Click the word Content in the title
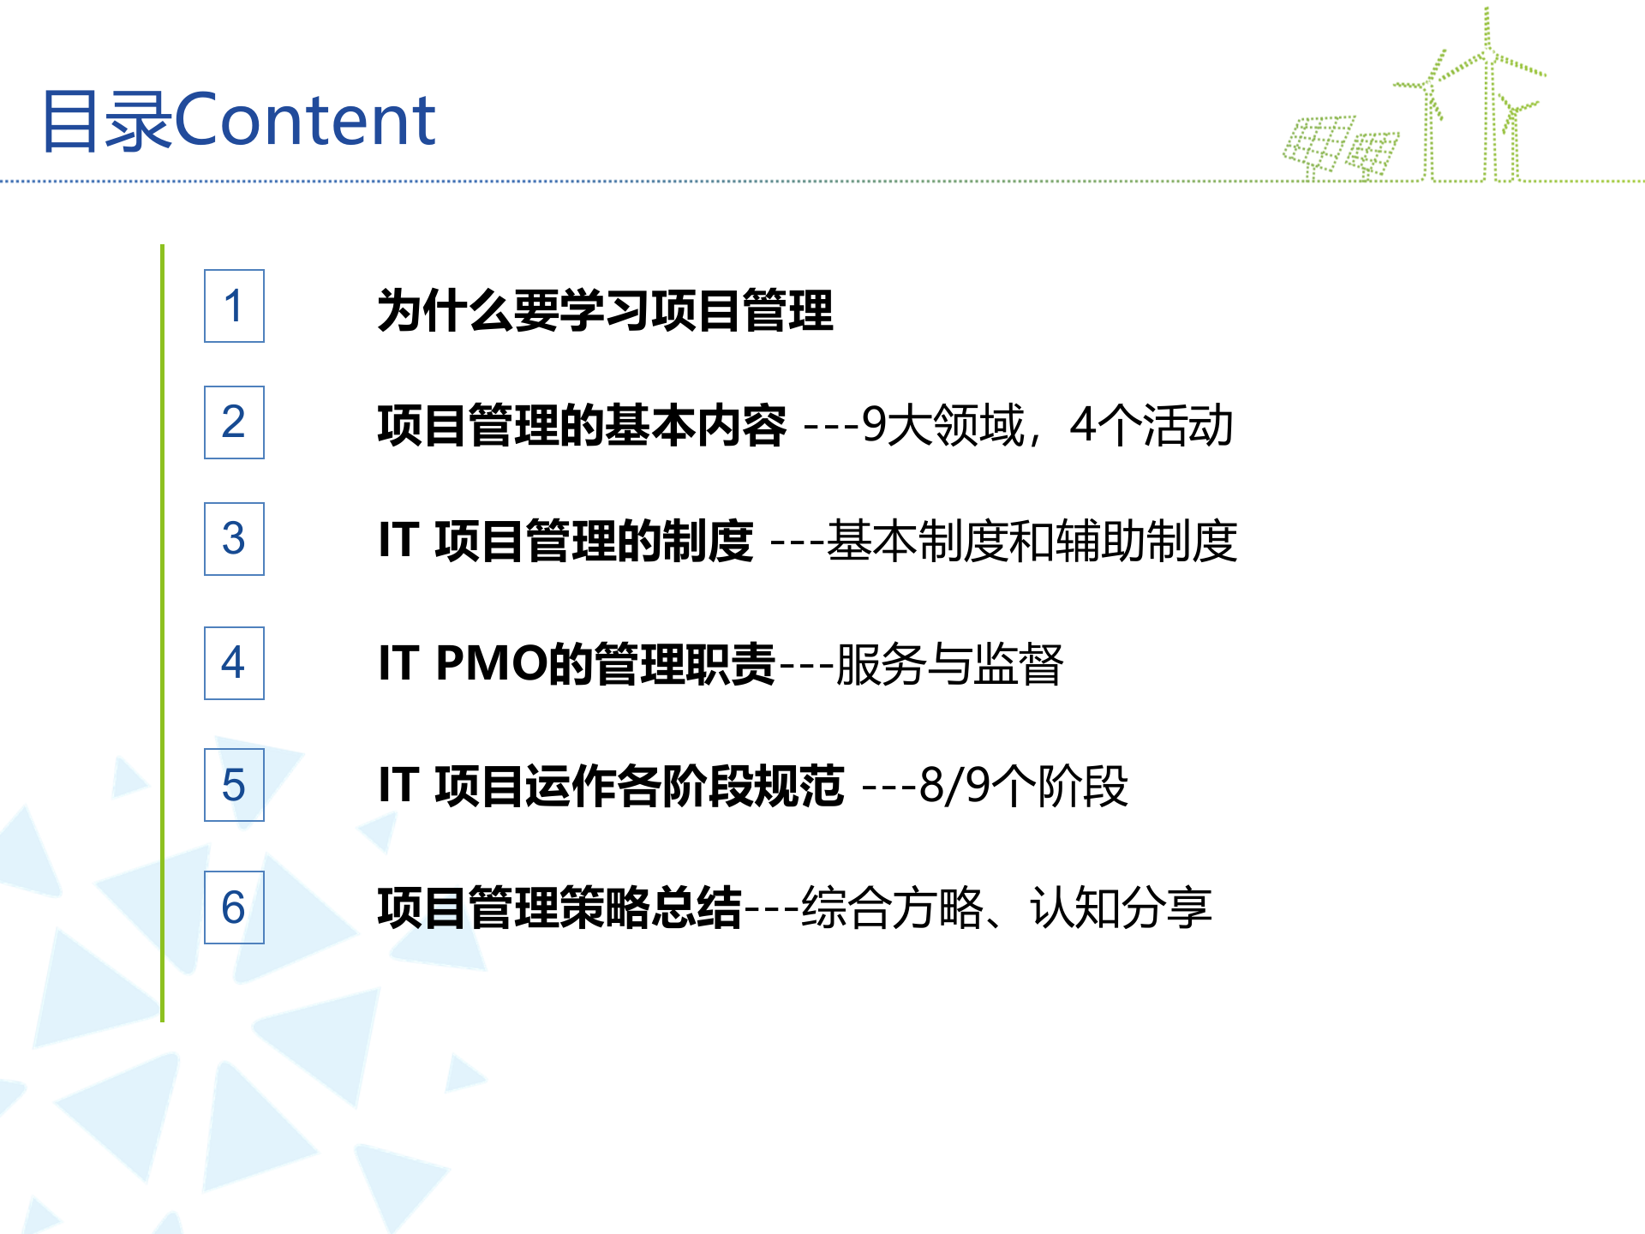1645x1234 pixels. (x=305, y=120)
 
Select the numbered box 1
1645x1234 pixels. (x=234, y=306)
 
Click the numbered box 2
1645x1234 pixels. (x=234, y=422)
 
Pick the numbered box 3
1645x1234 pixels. (x=234, y=539)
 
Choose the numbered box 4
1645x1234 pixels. (x=234, y=662)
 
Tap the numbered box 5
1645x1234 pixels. (x=234, y=785)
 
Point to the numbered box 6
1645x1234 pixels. (x=234, y=908)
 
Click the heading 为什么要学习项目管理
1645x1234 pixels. (x=605, y=310)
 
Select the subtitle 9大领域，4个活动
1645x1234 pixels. (x=1047, y=425)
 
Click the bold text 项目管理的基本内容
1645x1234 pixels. (x=582, y=425)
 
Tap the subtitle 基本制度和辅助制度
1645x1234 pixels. (x=1032, y=542)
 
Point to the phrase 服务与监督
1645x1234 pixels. (x=949, y=665)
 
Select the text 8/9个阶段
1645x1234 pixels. (x=1023, y=787)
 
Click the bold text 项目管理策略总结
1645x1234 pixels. (x=559, y=908)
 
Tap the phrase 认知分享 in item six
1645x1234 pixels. (x=1121, y=908)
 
